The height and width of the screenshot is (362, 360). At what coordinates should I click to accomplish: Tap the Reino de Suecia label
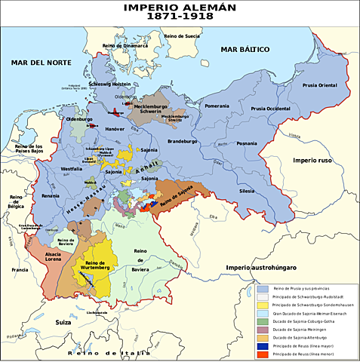[x=181, y=35]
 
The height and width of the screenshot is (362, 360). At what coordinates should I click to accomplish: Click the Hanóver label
[x=115, y=129]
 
